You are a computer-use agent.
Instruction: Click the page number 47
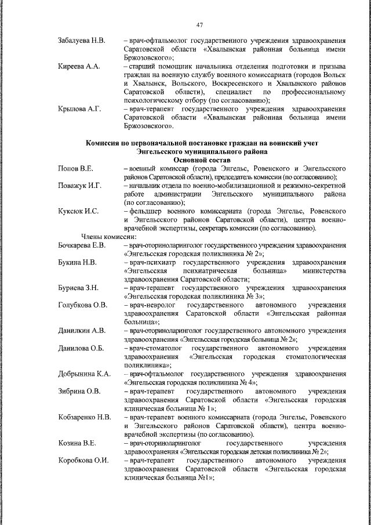199,24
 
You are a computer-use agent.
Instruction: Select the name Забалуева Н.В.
82,41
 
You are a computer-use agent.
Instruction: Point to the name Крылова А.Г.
80,108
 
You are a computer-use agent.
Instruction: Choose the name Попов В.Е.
76,168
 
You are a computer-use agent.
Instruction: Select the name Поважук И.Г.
80,185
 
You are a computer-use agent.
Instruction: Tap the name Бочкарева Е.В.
82,245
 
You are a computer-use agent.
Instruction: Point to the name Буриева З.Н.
79,288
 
